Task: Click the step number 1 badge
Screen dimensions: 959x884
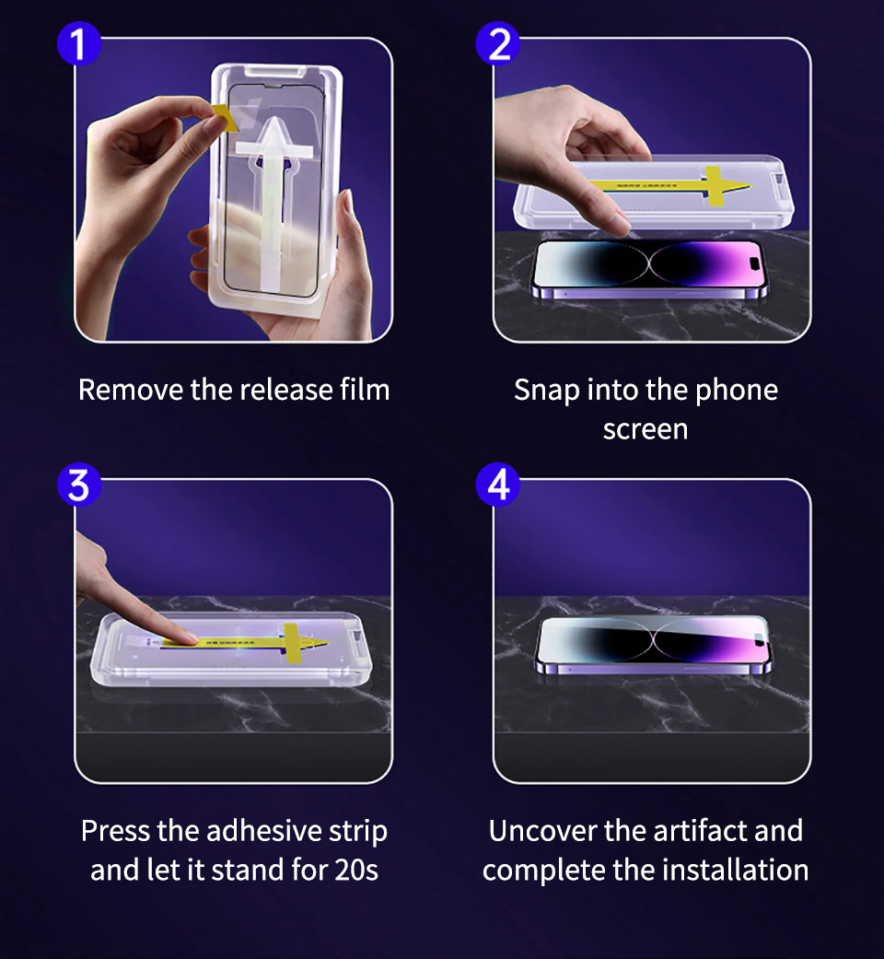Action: pos(79,44)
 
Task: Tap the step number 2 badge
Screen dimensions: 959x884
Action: pos(498,44)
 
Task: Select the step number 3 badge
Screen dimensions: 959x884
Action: pos(79,485)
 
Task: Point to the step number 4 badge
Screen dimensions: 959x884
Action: pos(498,485)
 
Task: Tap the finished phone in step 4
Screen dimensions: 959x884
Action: pos(652,645)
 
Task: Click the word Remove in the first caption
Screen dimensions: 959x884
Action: pos(131,390)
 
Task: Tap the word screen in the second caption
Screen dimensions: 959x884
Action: pos(645,429)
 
